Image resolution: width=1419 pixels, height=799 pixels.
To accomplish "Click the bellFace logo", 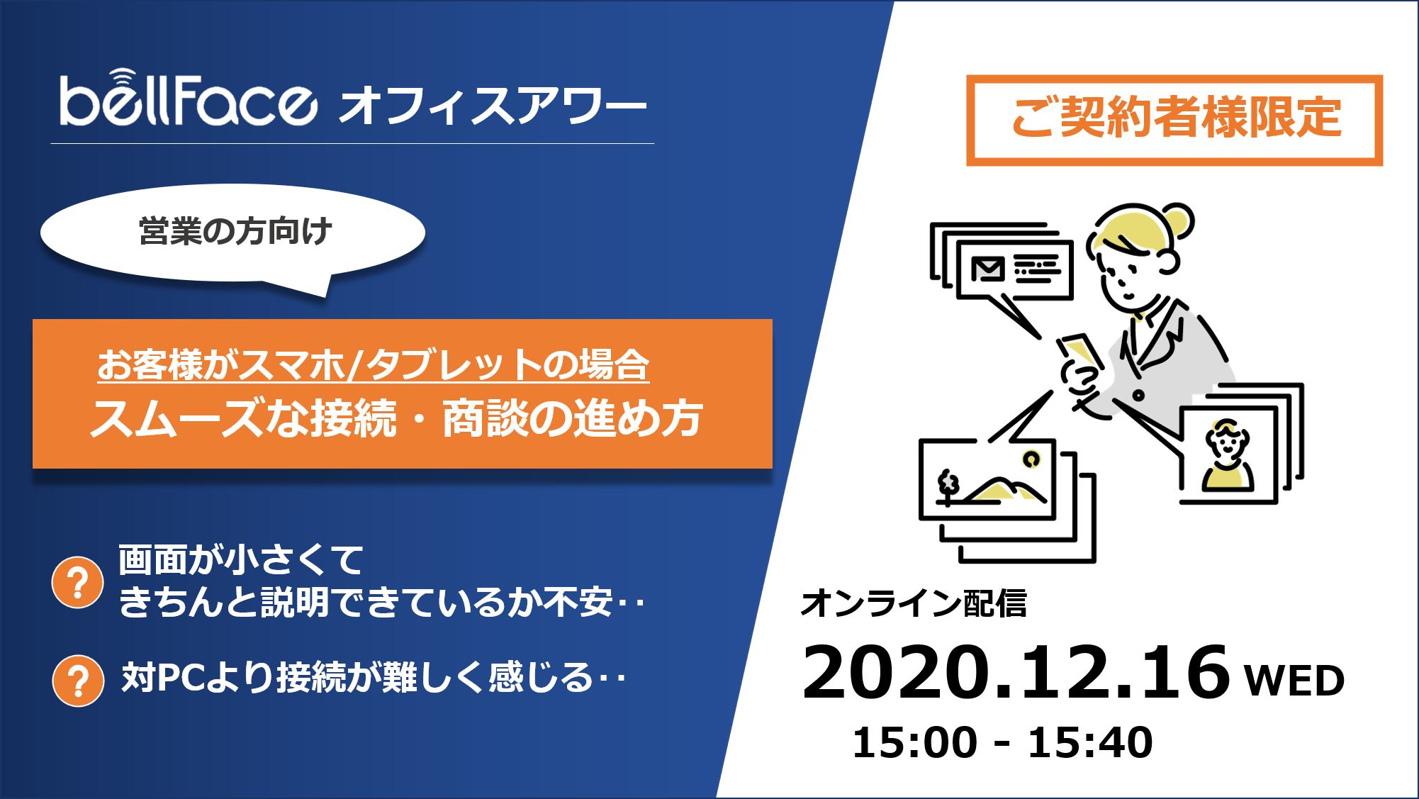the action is [188, 99].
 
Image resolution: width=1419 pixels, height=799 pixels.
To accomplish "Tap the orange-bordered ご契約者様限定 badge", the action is [1174, 120].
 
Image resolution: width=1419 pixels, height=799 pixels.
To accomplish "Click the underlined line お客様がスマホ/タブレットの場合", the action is [373, 365].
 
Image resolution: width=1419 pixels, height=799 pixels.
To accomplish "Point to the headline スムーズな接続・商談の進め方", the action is [397, 418].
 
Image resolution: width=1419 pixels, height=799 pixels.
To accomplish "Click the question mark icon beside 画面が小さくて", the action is [78, 583].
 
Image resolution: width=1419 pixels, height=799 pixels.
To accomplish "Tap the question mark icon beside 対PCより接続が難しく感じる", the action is [78, 681].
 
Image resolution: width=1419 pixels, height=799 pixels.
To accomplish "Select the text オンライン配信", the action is [914, 603].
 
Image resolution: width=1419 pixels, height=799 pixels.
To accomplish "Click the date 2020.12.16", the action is [1016, 672].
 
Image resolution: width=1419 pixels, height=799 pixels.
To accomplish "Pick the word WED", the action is [1294, 681].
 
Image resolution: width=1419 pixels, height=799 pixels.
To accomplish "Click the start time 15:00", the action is [914, 742].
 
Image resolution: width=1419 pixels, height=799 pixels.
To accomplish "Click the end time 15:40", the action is [1090, 742].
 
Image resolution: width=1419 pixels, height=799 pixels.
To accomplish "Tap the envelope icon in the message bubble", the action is [988, 269].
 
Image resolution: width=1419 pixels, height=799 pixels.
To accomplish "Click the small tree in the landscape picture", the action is [948, 486].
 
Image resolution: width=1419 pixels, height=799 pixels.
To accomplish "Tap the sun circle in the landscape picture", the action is [1032, 459].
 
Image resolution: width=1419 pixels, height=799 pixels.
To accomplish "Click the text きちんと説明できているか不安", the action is [366, 603].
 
